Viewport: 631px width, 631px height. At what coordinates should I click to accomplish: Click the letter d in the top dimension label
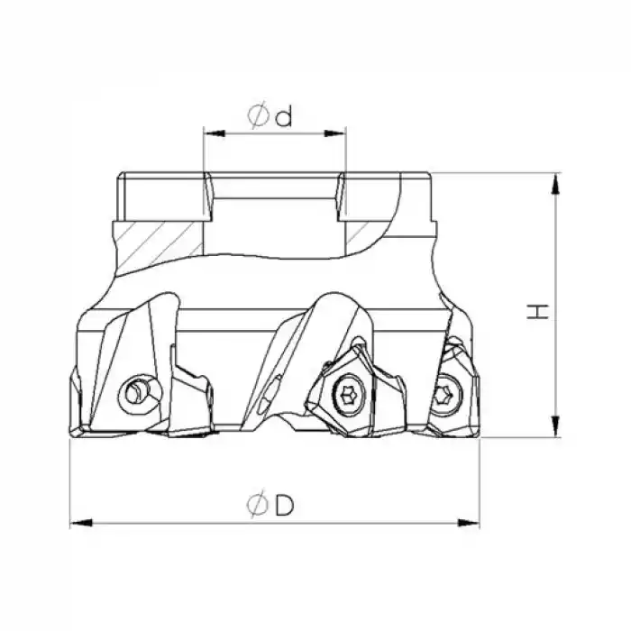point(284,117)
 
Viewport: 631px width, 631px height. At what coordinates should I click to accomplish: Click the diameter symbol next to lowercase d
point(258,116)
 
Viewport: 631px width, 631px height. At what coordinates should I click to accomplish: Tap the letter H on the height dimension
point(538,312)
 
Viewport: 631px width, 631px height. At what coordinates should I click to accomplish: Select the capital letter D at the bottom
point(285,505)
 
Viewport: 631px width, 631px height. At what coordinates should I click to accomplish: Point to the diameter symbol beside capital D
point(258,505)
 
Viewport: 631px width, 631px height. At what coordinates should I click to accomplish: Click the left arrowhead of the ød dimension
point(215,133)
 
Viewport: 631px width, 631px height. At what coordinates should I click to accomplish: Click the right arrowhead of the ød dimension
point(335,133)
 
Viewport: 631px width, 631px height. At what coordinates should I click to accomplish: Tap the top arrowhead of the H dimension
point(555,184)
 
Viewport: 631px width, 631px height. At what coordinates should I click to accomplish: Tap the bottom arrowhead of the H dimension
point(555,426)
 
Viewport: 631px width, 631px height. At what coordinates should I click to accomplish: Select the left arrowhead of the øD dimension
point(81,523)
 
